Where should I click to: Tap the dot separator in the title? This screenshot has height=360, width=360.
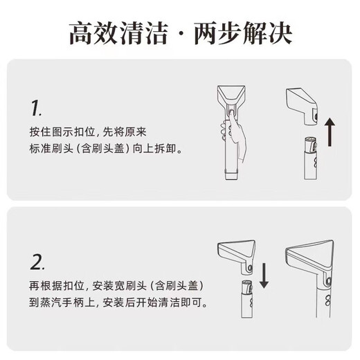click(182, 33)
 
